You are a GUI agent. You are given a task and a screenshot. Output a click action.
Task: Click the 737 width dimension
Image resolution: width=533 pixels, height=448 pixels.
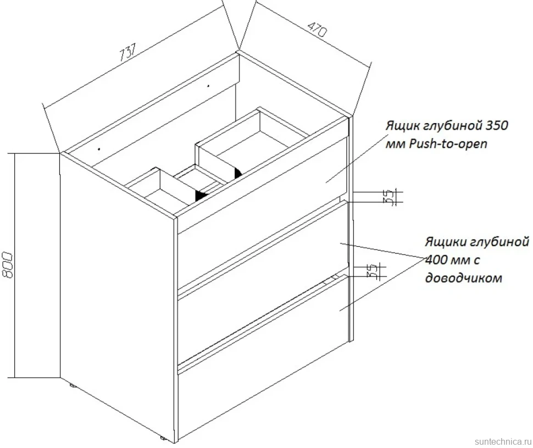(128, 52)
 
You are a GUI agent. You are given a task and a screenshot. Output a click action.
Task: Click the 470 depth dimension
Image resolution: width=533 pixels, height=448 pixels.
(318, 29)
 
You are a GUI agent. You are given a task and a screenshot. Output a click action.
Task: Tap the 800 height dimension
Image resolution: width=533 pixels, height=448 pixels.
(7, 265)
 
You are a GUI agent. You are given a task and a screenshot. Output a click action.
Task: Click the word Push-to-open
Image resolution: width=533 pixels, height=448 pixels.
(448, 144)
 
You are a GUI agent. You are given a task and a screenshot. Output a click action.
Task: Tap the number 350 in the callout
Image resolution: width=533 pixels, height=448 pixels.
(496, 125)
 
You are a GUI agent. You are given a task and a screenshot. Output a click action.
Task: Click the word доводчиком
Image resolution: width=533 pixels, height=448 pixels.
(464, 278)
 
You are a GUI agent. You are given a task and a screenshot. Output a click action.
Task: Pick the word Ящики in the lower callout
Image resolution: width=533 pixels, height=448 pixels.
(446, 242)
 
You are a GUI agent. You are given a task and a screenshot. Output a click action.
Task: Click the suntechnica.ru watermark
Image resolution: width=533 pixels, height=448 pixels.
(502, 441)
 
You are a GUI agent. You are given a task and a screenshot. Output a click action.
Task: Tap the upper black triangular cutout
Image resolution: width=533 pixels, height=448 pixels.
(238, 173)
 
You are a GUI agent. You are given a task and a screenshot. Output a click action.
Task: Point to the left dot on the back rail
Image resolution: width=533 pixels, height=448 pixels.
(99, 148)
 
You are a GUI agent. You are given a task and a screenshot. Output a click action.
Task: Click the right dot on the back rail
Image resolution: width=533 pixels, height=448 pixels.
(208, 86)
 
